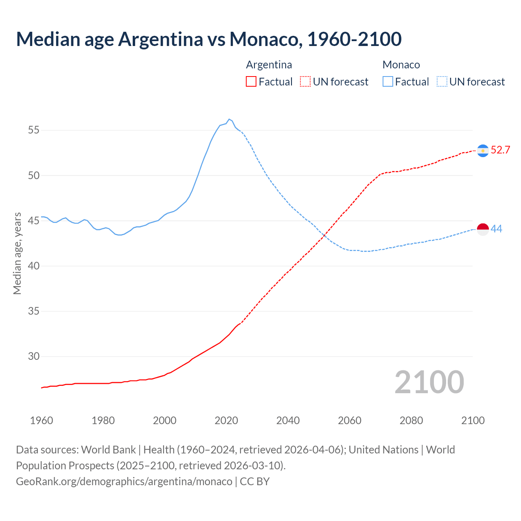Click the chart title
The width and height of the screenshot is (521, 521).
tap(209, 39)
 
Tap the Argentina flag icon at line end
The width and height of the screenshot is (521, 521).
tap(483, 151)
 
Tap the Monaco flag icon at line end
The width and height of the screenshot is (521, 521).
tap(483, 230)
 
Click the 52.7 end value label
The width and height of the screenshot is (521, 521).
tap(500, 150)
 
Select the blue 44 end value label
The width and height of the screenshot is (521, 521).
tap(496, 229)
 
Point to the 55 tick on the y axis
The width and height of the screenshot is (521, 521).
tap(34, 130)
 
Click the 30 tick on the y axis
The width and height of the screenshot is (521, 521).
tap(34, 356)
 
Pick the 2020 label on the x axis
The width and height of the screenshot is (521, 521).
tap(226, 420)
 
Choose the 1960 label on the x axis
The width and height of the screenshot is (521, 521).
tap(42, 420)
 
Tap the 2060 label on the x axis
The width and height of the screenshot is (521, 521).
tap(349, 420)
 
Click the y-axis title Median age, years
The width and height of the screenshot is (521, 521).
tap(17, 253)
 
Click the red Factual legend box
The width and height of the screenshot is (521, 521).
tap(251, 82)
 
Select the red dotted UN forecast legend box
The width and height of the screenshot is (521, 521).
tap(305, 82)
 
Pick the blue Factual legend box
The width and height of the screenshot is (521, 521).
tap(388, 82)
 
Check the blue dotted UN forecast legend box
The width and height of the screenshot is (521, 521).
tap(442, 82)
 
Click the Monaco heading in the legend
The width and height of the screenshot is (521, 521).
tap(401, 65)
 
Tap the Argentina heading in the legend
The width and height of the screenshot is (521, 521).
tap(269, 65)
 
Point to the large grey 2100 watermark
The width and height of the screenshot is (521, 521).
tap(429, 382)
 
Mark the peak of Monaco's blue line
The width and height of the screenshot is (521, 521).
tap(229, 119)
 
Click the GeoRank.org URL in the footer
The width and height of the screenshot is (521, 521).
tap(124, 481)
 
